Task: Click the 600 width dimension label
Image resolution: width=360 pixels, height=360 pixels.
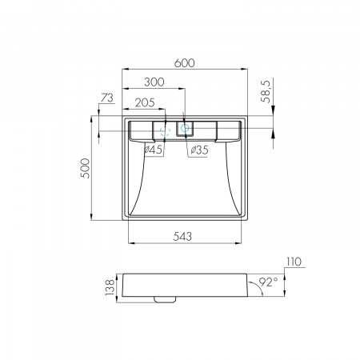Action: click(185, 63)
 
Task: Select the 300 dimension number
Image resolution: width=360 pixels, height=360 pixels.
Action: click(154, 82)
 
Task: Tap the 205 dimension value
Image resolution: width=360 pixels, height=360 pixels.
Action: click(145, 102)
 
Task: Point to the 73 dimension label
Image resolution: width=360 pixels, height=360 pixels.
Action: click(107, 98)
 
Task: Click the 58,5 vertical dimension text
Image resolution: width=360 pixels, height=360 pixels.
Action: click(266, 91)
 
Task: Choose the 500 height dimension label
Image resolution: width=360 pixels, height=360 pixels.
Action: click(86, 168)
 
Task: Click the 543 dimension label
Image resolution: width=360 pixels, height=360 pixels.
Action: click(182, 236)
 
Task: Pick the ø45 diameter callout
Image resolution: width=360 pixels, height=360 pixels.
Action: click(154, 150)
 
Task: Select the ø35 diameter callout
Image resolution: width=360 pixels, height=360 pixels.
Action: click(199, 150)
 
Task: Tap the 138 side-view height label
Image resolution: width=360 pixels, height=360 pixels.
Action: click(110, 287)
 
